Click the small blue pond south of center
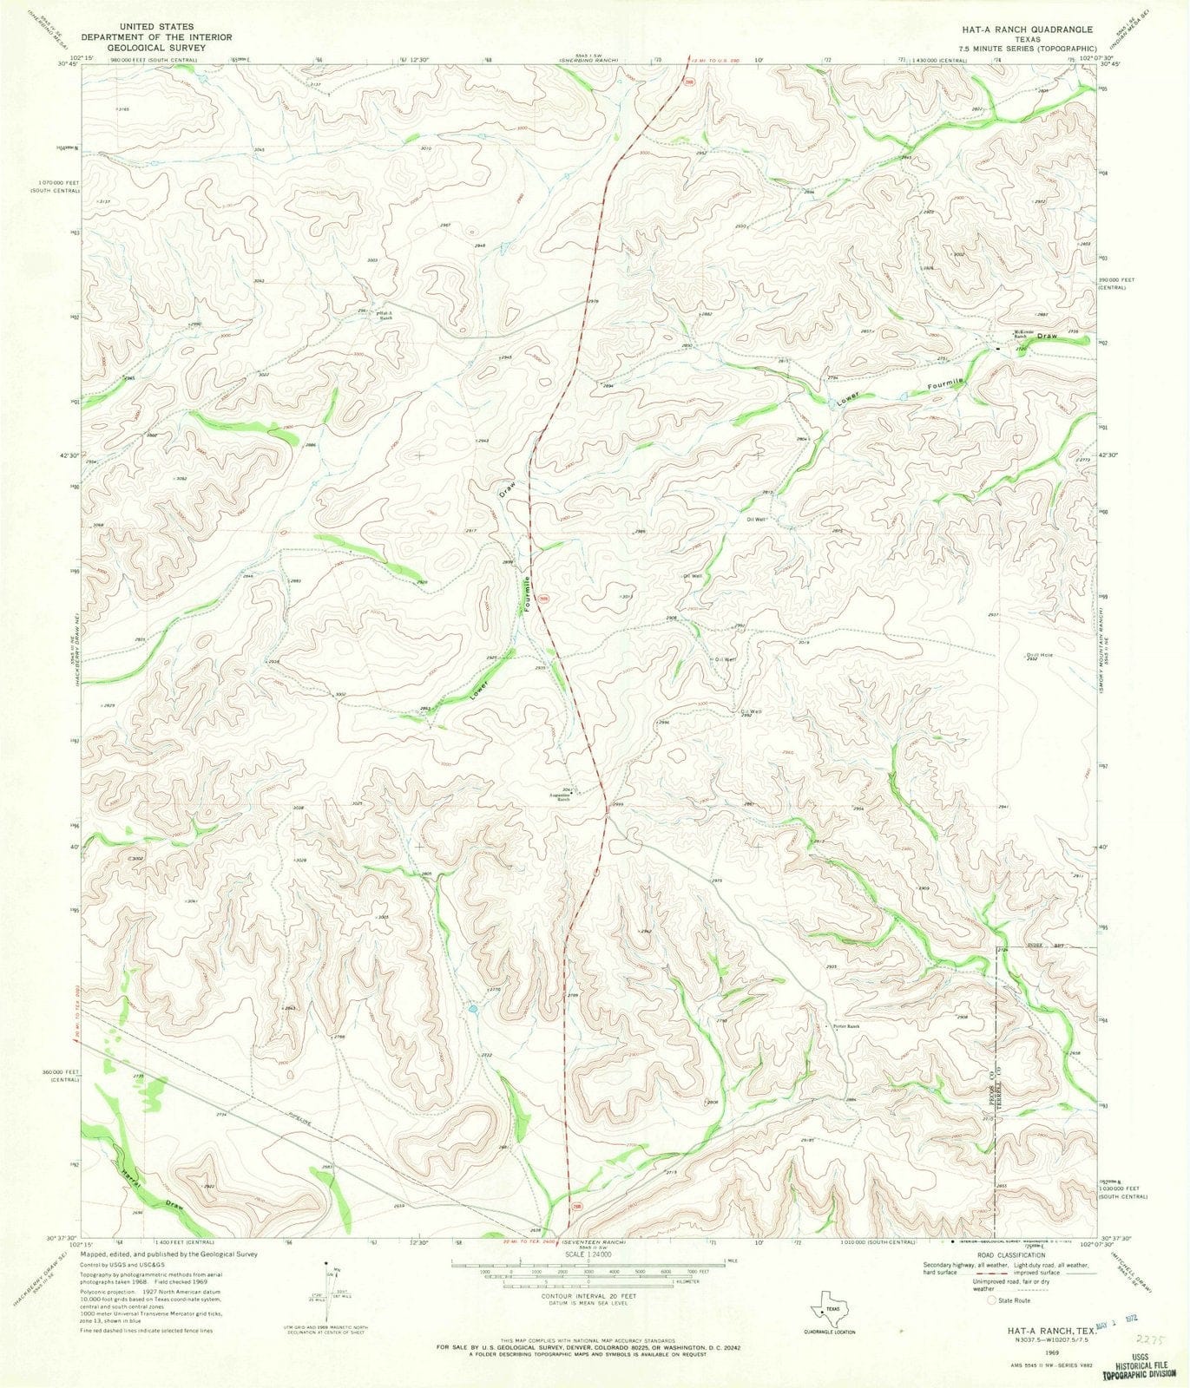coord(471,1010)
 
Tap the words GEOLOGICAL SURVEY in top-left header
coord(156,49)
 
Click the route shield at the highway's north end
coord(687,83)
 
